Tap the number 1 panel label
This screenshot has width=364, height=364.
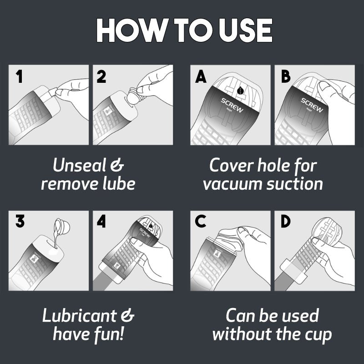(x=19, y=76)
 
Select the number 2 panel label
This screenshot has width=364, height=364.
(x=101, y=76)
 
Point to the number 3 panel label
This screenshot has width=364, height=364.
(x=20, y=221)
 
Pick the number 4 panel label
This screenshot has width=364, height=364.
(x=101, y=221)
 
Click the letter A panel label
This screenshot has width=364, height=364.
(x=201, y=76)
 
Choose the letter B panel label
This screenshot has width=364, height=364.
(x=286, y=76)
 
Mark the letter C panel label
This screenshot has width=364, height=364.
(x=200, y=221)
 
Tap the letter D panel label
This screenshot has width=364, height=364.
(x=286, y=221)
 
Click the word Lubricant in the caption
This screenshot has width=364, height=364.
(x=79, y=315)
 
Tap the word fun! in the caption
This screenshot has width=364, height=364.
(x=109, y=334)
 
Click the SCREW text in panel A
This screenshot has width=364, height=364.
(x=232, y=105)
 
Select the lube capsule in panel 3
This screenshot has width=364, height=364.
(x=62, y=225)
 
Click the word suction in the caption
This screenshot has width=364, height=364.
(x=295, y=184)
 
